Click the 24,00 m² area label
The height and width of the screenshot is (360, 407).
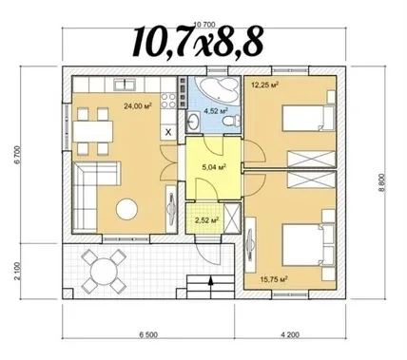[138, 105]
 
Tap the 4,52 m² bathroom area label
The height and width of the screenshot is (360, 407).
[217, 111]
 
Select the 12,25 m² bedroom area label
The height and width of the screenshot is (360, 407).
[265, 85]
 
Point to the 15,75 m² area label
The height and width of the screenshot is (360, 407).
[274, 279]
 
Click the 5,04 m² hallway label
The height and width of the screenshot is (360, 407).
[214, 167]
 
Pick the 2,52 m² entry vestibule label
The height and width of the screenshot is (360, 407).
[207, 220]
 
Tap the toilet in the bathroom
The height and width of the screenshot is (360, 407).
[231, 121]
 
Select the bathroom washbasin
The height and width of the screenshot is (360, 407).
[193, 121]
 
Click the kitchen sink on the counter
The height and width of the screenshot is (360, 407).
[125, 85]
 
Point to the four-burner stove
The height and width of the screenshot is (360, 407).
[168, 100]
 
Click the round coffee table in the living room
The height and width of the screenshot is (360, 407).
[126, 209]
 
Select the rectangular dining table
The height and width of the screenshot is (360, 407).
[92, 131]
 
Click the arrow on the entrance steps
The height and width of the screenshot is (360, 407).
[210, 282]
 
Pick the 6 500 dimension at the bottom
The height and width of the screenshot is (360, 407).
[147, 334]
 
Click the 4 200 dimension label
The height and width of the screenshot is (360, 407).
[290, 334]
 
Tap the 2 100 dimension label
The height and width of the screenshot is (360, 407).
[17, 271]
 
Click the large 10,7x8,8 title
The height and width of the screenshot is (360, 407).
[198, 42]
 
